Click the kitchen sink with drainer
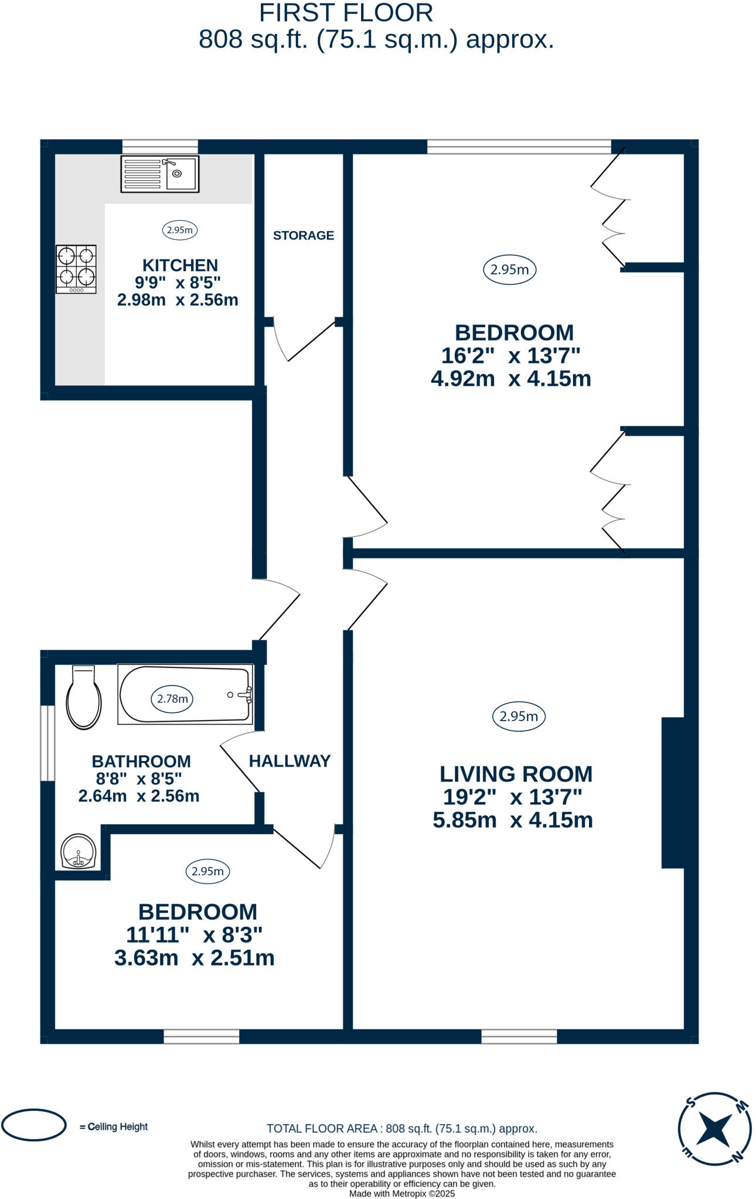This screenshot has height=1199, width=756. coord(159,173)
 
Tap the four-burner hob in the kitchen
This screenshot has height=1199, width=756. coord(76,269)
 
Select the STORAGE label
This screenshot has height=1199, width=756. coord(303,235)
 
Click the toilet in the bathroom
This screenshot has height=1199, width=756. coord(84,697)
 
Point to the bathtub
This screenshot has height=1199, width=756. coord(185,694)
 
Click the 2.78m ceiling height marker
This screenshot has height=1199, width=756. coord(172,698)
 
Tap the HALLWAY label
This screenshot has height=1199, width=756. coord(290,761)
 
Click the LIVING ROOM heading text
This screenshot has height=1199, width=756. coord(516,774)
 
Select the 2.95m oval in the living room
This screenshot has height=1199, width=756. coord(519,716)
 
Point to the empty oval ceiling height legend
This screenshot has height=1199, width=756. coord(33,1125)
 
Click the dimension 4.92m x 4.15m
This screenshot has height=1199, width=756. coord(510,379)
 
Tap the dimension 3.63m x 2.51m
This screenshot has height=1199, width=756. coord(194,958)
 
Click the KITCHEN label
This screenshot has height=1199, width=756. coord(180,265)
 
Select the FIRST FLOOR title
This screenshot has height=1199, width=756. coord(346,13)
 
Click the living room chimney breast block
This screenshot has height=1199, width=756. coord(673,792)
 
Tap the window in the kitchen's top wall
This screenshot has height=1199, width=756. coord(160,146)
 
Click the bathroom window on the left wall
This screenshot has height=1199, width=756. coord(47,743)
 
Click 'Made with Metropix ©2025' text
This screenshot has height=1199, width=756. coord(401,1193)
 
